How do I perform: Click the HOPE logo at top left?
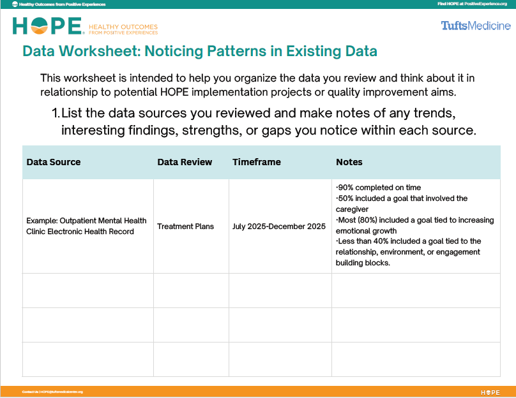48,26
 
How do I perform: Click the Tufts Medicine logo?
475,26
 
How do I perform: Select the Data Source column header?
54,162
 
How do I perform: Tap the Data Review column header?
185,162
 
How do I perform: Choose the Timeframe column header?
257,162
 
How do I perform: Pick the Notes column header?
349,162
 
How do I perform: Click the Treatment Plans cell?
185,226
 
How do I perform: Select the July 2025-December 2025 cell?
279,226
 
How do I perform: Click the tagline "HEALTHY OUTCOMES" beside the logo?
123,26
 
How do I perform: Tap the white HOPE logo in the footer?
490,392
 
